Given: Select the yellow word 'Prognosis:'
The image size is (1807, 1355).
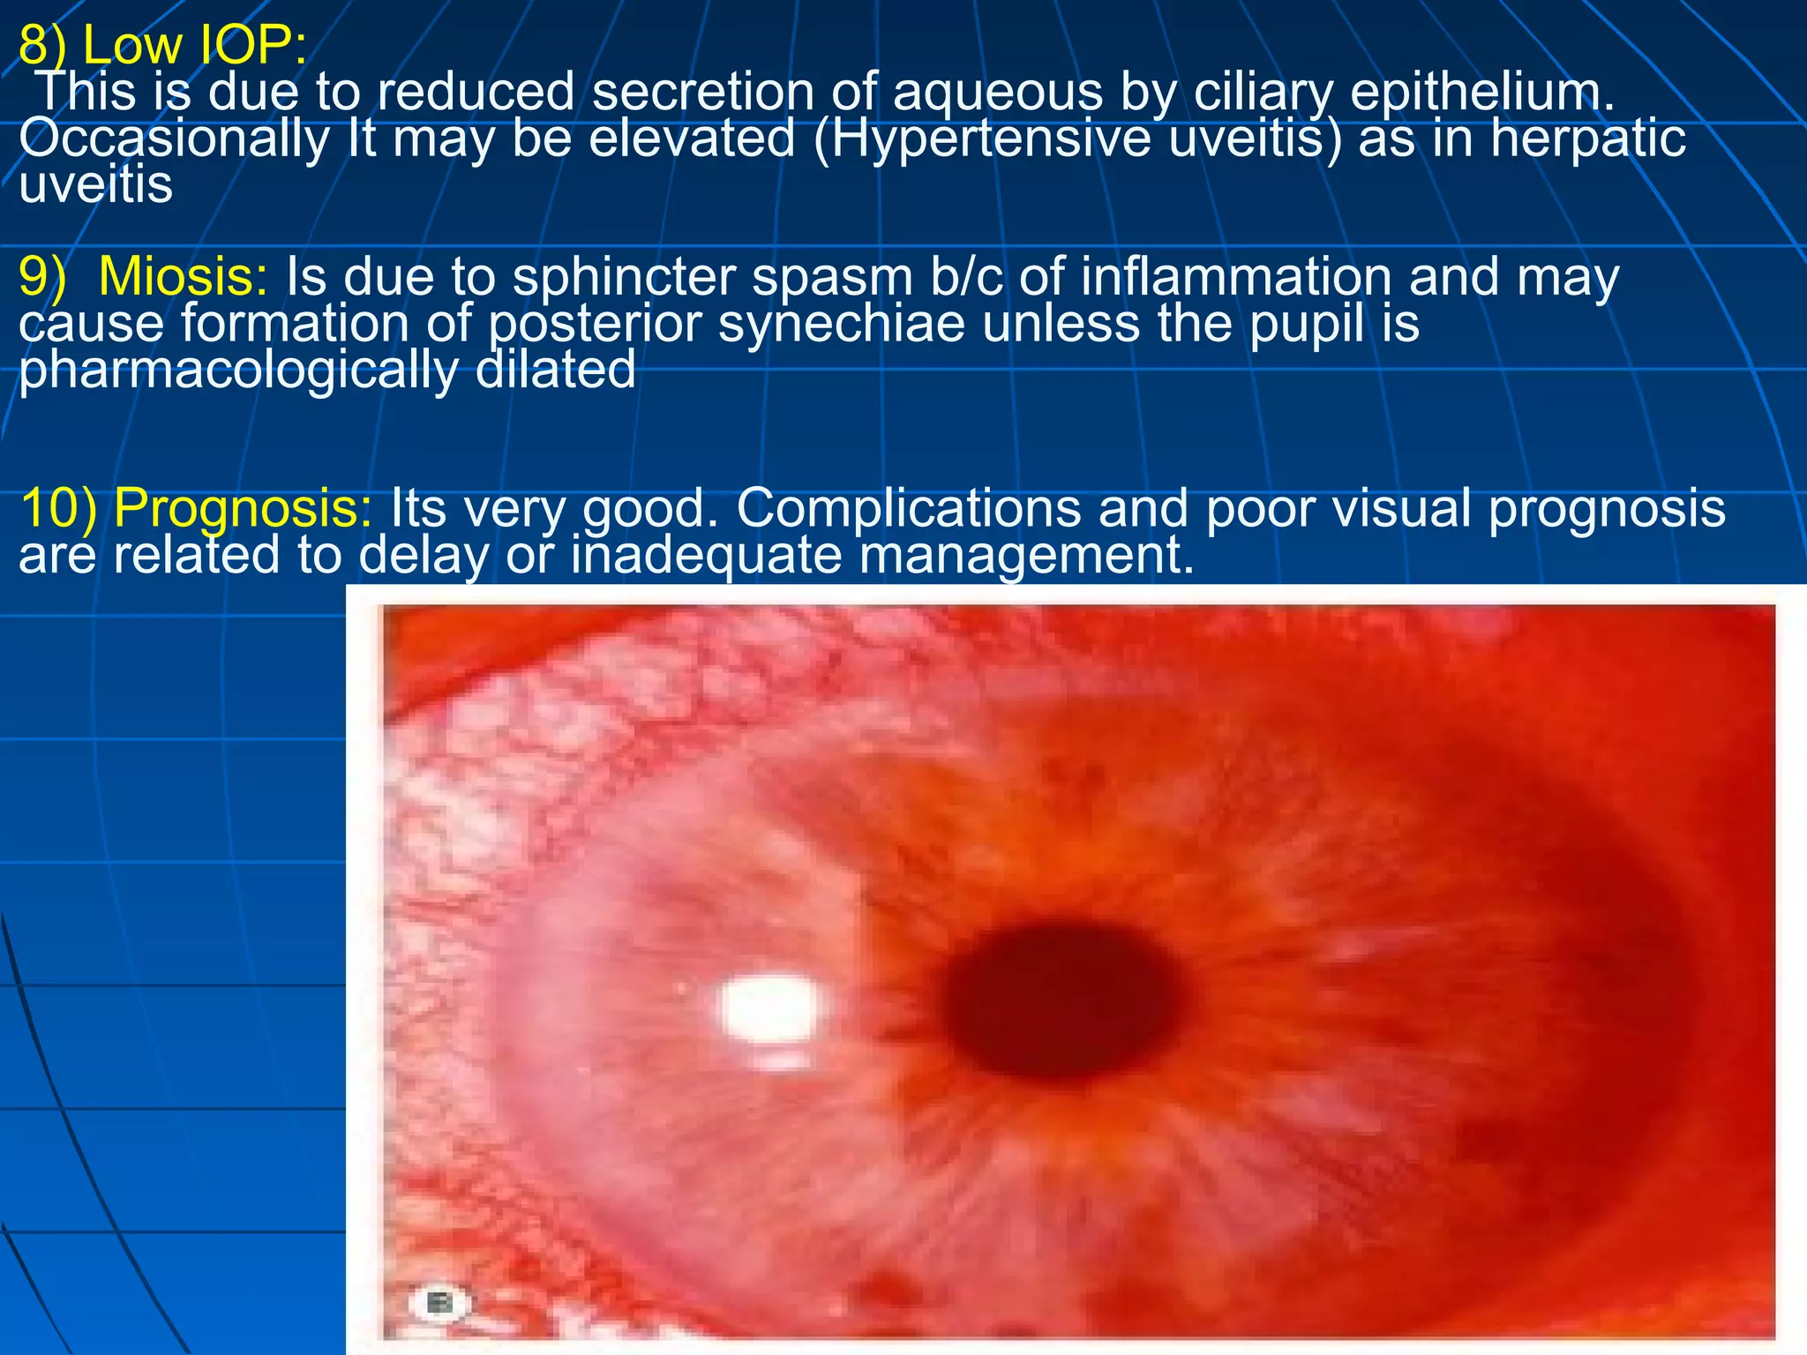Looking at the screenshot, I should [x=244, y=508].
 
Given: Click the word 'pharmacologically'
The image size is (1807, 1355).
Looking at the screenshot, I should [x=238, y=369].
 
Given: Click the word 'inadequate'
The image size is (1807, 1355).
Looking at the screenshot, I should [x=706, y=555].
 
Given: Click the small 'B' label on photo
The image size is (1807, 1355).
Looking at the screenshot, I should [x=438, y=1302].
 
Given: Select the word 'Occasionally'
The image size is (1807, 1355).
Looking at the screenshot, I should [x=174, y=139].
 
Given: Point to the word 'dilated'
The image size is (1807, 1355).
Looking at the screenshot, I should [x=555, y=369].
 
